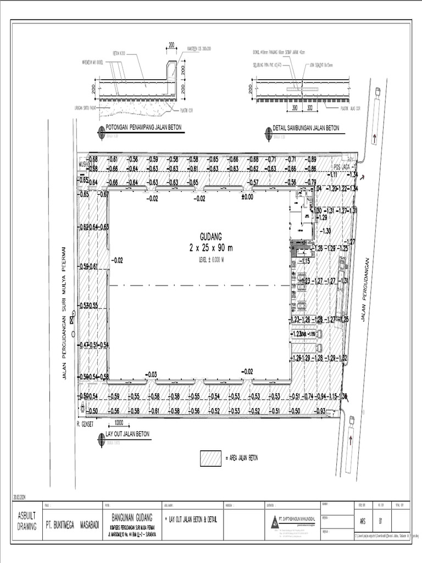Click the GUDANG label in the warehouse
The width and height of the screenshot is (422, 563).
coord(212,237)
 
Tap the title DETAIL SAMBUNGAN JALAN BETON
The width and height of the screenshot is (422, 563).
coord(306,128)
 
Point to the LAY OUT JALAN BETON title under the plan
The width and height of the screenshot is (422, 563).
coord(127,434)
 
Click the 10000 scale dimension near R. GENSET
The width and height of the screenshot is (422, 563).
coord(119,423)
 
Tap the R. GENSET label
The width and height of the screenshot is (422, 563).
coord(87,424)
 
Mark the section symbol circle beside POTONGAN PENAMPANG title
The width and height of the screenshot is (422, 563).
coord(101,131)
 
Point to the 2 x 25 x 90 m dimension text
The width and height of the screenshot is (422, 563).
coord(212,248)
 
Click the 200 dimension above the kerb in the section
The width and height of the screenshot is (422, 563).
coord(171,45)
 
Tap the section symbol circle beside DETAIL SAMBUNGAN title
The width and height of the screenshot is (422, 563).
coord(268,131)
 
